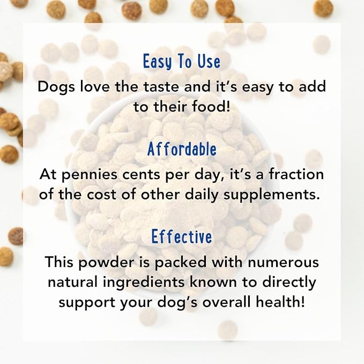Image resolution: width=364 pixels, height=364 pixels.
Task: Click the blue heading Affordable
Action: click(182, 150)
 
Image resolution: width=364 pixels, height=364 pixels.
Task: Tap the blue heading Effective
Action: click(182, 236)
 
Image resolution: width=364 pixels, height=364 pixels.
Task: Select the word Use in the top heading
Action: click(207, 62)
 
